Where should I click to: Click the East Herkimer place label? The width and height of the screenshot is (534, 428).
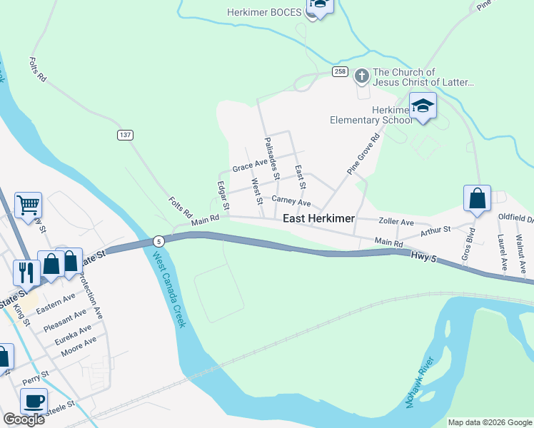coord(318,218)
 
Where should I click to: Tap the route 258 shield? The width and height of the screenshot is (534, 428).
coord(340,73)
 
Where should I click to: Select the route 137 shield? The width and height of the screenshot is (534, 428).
coord(125,135)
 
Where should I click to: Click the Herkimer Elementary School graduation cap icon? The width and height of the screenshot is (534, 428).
coord(424,106)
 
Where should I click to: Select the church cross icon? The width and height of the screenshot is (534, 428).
coord(362,74)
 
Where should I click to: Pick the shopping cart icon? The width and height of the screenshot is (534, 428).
coord(28,205)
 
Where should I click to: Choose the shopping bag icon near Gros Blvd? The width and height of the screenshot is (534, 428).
coord(477,198)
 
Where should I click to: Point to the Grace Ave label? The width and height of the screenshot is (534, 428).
coord(249,168)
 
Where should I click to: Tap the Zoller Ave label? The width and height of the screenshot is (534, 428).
coord(397,222)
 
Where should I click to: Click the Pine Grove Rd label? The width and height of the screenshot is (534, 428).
coord(363,156)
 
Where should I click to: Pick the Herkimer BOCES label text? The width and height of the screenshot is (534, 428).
coord(263,12)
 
